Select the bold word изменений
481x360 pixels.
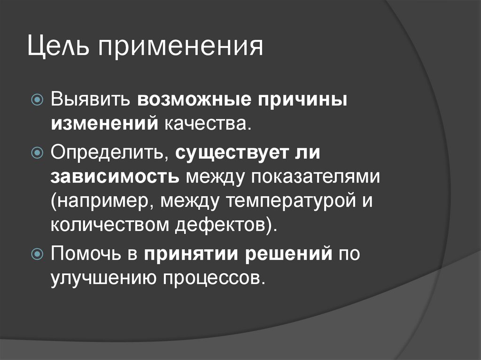coord(104,123)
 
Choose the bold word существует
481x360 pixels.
coord(234,153)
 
